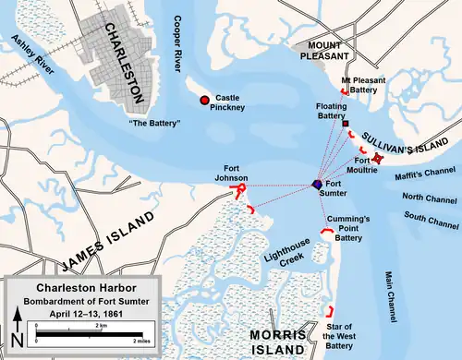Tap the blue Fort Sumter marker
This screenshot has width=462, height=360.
pyautogui.click(x=318, y=185)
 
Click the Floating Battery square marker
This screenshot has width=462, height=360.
pyautogui.click(x=345, y=124)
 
